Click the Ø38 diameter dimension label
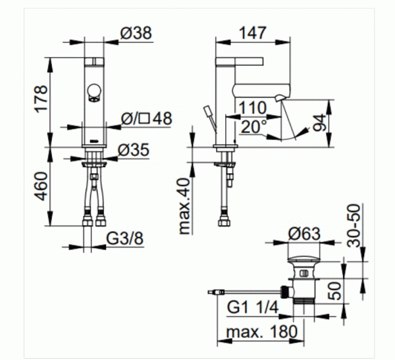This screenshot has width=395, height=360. click(136, 33)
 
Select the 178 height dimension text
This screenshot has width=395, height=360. click(41, 99)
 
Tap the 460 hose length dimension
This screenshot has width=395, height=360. click(41, 186)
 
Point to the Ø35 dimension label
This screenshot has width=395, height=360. click(134, 150)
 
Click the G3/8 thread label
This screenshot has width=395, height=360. click(124, 238)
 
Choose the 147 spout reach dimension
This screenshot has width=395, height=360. click(253, 33)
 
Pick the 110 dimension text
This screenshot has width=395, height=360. click(253, 108)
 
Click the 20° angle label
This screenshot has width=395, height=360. click(253, 126)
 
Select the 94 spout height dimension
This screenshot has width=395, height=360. click(319, 122)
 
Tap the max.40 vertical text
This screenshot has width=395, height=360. click(184, 206)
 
